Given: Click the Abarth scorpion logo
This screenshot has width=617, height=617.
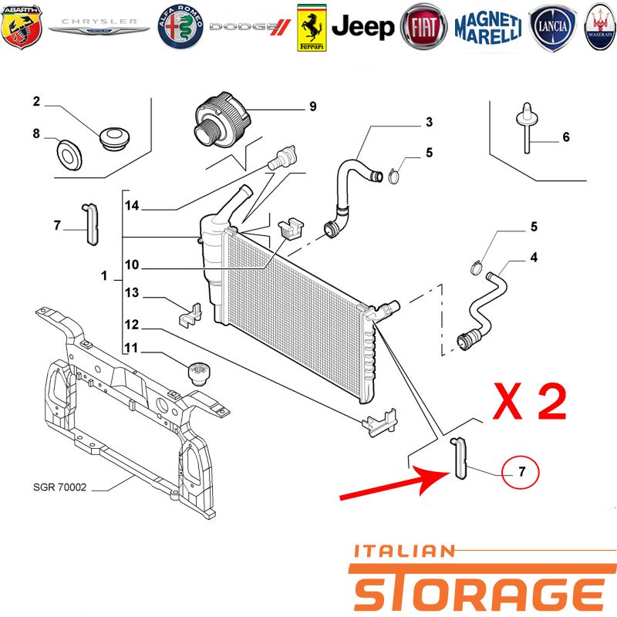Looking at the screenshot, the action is pos(22,27).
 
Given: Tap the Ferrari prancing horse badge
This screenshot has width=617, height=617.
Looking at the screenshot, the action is pos(312,28).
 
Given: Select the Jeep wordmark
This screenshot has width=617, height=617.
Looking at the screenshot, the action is pos(362,27).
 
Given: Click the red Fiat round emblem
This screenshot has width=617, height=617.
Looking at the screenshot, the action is pos(423,27).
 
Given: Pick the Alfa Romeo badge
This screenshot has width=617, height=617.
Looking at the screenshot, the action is pos(180,27).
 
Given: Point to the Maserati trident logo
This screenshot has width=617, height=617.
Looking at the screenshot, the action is pos(601,27).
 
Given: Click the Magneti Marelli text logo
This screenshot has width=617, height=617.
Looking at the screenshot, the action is pos(488,28).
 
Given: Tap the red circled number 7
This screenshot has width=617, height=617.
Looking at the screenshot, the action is pos(521,472).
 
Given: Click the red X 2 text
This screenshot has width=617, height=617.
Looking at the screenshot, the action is pos(530,401).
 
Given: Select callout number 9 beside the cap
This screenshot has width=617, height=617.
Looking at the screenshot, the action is pos(313,106).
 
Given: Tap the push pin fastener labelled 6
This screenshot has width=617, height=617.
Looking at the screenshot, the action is pos(527,128).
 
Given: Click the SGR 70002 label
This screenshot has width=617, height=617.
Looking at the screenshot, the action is pos(60,487).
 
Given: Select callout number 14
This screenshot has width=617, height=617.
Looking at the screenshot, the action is pos(132,205).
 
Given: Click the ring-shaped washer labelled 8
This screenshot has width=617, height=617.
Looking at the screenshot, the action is pos(69,154).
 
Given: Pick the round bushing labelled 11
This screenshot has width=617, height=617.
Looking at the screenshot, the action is pos(199,374).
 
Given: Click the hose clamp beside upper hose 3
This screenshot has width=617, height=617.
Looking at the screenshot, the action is pos(394,177).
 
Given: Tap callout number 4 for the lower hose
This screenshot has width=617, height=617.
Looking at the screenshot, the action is pos(534,258).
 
